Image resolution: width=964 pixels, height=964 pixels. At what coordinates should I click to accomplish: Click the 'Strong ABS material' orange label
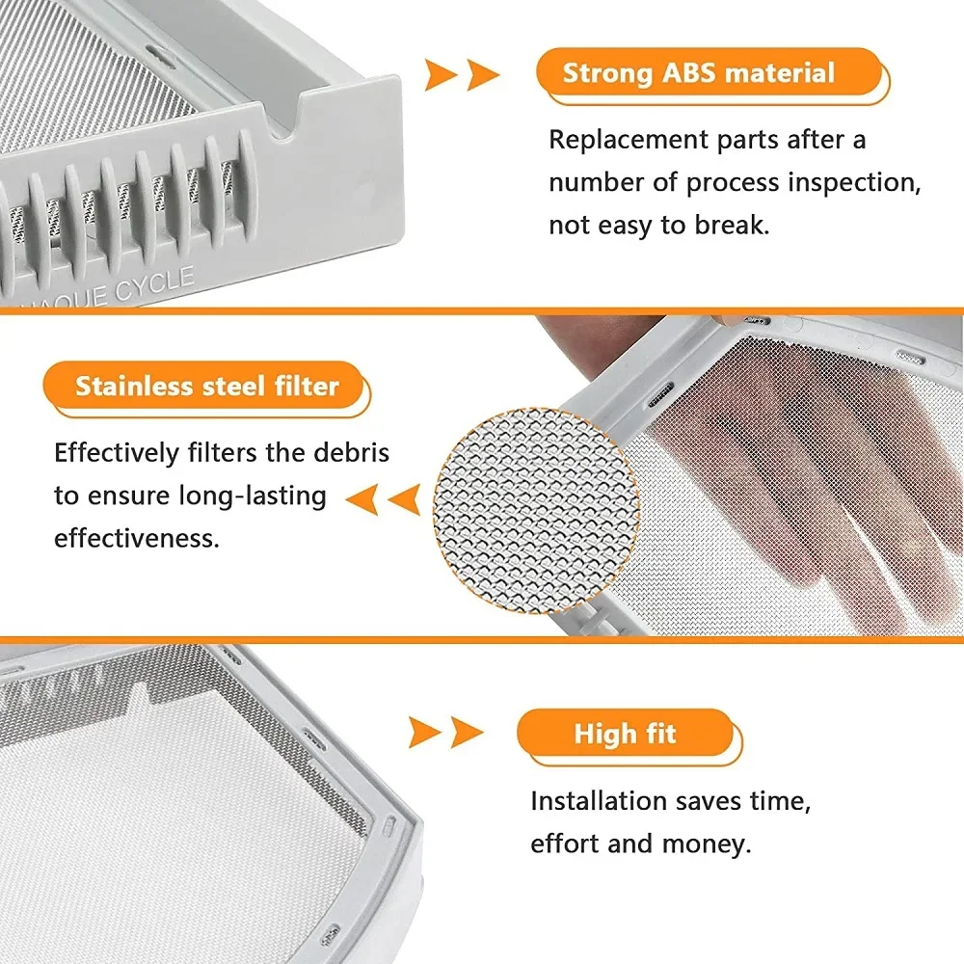coord(699,73)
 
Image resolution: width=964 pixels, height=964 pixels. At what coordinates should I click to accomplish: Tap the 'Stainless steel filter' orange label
coord(207,387)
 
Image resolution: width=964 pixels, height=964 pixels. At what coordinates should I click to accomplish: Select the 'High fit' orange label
coord(626,734)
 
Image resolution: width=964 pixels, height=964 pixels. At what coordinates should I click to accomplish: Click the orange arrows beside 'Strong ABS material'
coord(462,74)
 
